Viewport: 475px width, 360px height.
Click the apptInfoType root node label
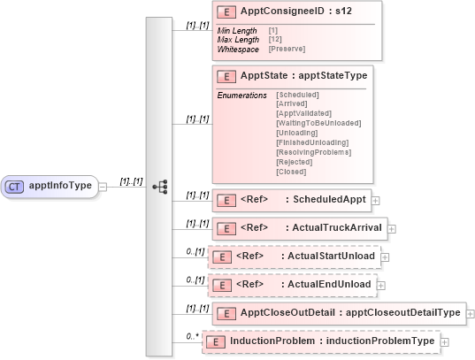point(60,186)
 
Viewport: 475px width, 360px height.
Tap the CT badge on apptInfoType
point(15,187)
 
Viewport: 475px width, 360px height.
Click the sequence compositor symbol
point(160,187)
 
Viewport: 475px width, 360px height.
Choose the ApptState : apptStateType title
point(303,76)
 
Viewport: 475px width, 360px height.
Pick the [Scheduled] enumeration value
point(299,94)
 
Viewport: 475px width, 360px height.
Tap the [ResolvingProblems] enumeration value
point(313,152)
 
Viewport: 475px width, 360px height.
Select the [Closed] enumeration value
point(291,172)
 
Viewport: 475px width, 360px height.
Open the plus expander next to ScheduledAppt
point(377,201)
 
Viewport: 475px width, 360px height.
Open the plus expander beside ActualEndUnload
point(382,285)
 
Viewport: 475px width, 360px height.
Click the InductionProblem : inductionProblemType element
point(332,341)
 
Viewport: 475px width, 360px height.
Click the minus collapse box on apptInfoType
point(103,187)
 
